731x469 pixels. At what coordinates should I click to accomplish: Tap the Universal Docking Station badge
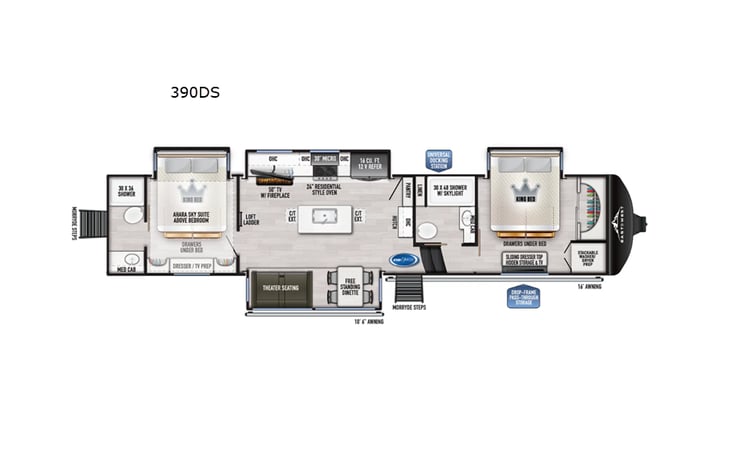click(438, 161)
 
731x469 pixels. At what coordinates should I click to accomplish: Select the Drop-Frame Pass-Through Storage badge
click(524, 297)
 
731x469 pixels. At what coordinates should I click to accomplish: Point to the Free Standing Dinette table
click(349, 286)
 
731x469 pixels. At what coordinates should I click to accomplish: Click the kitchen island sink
click(325, 215)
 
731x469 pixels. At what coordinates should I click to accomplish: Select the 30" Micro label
click(323, 159)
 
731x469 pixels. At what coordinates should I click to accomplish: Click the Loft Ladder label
click(252, 220)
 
